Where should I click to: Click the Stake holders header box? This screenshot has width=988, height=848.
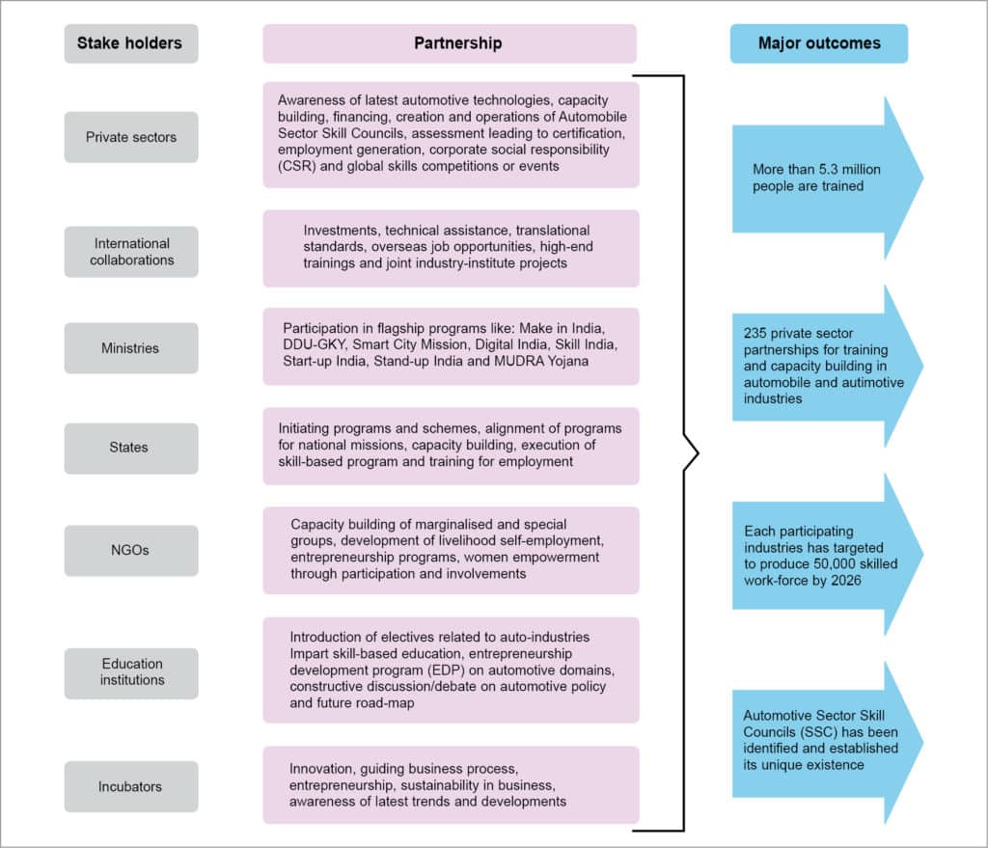click(131, 43)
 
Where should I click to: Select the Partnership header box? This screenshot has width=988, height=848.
click(450, 43)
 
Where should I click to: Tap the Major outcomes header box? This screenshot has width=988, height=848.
click(818, 43)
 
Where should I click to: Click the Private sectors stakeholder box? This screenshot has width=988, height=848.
click(131, 137)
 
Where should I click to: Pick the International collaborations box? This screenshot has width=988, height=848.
click(131, 252)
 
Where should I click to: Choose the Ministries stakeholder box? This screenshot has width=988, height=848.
click(131, 347)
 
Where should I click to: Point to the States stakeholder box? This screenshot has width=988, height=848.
click(131, 448)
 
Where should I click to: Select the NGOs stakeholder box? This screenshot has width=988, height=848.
click(131, 550)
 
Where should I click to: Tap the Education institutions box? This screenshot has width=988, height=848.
click(131, 672)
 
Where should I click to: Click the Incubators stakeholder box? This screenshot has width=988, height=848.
click(131, 786)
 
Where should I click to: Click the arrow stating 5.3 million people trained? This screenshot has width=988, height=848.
click(820, 178)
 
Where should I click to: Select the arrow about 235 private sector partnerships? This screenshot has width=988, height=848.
click(820, 367)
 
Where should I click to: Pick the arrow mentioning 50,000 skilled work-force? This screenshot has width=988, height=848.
click(820, 554)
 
